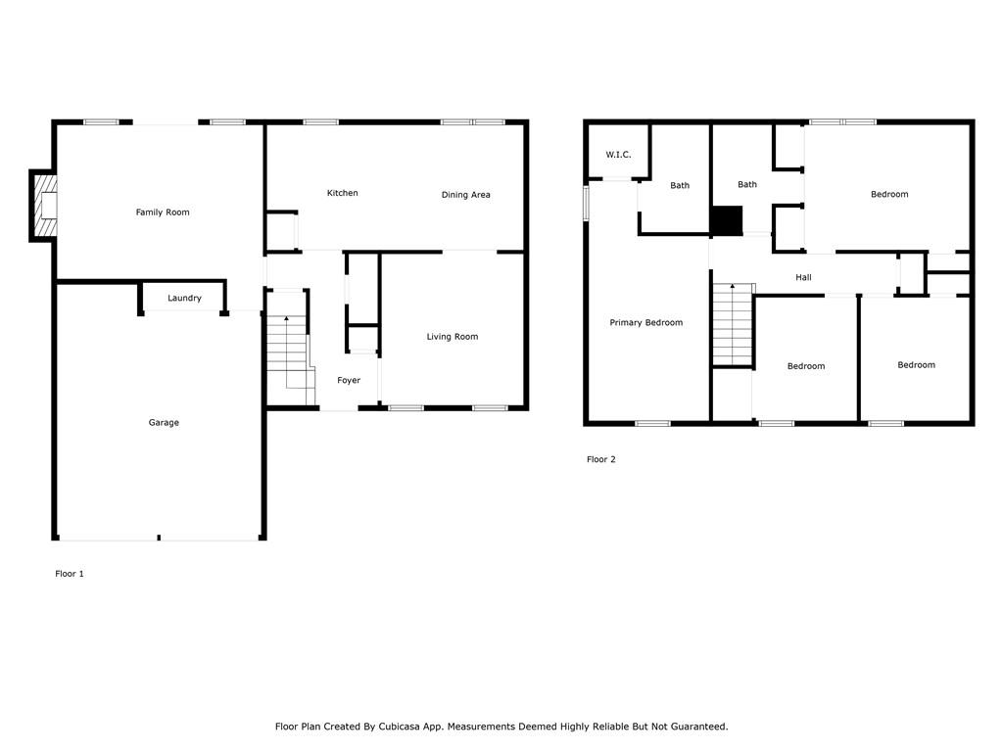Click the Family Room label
163,212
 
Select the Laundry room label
184,298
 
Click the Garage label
164,423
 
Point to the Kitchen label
342,193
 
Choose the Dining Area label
465,195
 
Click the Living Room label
452,337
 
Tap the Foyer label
349,380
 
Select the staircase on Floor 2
731,324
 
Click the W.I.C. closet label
618,155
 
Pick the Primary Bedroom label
645,323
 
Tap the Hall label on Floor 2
803,278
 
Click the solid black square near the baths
726,221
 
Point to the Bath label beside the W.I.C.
679,185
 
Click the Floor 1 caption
69,574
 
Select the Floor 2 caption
600,459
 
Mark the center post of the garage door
159,538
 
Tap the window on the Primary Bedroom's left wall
586,203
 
